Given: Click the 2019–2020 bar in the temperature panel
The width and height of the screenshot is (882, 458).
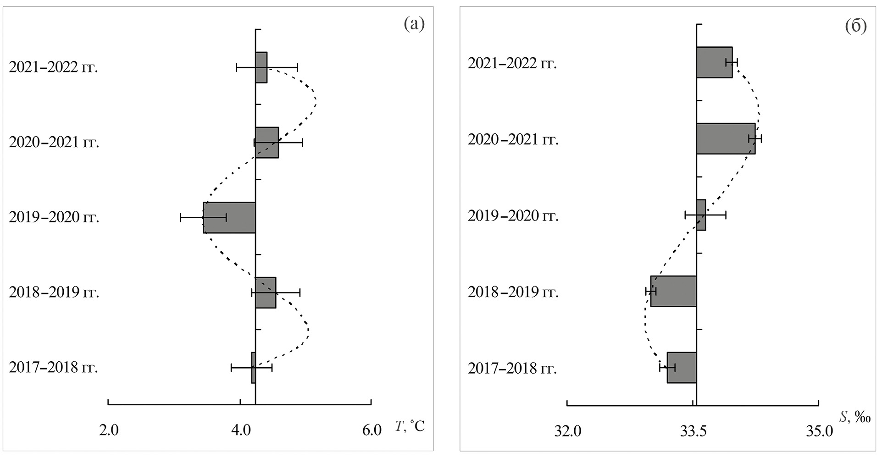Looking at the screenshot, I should (229, 218).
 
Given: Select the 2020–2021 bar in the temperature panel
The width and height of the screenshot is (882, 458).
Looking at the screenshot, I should (267, 143).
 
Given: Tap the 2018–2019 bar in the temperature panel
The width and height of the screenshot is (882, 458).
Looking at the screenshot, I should (266, 292).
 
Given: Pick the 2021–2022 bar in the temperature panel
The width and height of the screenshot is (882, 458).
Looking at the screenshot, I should (261, 67).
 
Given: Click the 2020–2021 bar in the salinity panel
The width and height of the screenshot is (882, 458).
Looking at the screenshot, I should (726, 138).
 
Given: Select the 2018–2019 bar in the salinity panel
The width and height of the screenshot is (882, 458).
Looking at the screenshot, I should (673, 291).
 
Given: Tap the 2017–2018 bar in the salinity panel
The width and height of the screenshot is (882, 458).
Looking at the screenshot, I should (682, 367).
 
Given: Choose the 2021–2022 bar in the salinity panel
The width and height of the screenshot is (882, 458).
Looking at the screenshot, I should (714, 62).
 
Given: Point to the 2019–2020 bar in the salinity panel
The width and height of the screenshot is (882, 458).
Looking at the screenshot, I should (701, 215).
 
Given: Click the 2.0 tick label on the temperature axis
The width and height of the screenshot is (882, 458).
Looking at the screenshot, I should (109, 430).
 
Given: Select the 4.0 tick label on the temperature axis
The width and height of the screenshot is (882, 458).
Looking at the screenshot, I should (241, 430).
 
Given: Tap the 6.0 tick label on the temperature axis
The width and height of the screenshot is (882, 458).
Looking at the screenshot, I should (372, 430).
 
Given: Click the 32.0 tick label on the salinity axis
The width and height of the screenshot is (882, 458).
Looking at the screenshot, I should (568, 431).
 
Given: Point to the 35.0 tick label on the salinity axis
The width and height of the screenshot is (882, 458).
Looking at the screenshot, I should (820, 431).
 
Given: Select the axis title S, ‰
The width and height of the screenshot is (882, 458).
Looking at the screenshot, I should (854, 418).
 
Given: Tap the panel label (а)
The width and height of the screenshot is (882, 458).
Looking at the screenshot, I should (414, 24).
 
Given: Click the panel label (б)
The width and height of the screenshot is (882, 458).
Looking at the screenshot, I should (856, 27).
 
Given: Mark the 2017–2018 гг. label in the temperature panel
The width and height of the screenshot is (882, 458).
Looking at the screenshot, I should (54, 368).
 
